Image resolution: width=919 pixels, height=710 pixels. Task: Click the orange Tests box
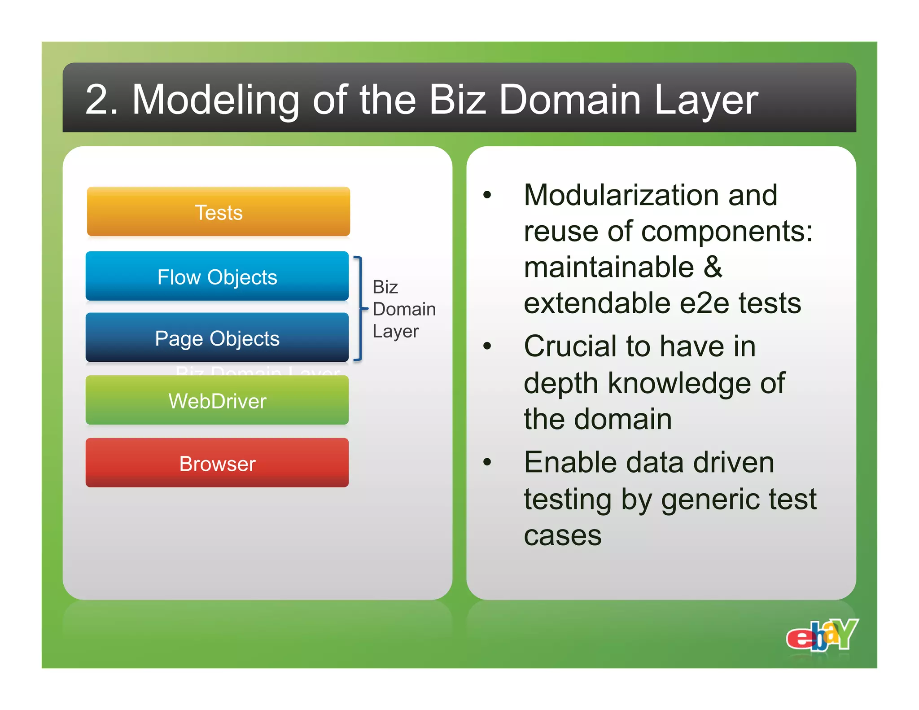point(219,212)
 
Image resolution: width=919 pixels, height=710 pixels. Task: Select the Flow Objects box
point(217,276)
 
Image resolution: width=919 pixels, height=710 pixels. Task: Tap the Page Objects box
point(217,338)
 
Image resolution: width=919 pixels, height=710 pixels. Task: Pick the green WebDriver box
point(217,400)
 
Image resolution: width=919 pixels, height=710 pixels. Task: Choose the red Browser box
point(217,463)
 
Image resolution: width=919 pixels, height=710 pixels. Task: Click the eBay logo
point(822,635)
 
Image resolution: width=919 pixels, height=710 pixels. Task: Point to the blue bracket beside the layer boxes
point(359,308)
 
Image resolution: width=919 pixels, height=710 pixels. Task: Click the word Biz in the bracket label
point(385,287)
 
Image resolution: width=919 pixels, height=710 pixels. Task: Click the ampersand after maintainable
point(713,267)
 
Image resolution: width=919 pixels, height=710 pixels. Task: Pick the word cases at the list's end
point(563,535)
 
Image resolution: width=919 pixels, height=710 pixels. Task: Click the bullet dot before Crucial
point(487,346)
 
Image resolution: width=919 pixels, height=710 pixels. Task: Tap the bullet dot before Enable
point(487,462)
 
